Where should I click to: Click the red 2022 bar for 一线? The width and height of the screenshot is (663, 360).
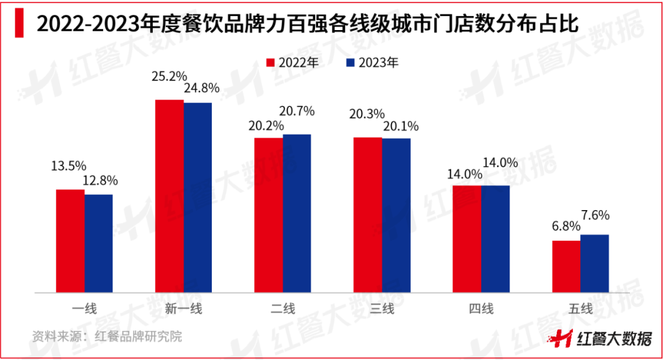pyautogui.click(x=70, y=241)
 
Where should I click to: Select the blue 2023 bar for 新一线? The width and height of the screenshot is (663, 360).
pyautogui.click(x=198, y=197)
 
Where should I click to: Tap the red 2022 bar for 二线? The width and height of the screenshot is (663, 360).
pyautogui.click(x=268, y=215)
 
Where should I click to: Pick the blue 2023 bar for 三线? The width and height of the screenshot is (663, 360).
pyautogui.click(x=396, y=215)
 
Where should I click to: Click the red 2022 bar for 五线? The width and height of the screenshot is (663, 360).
pyautogui.click(x=566, y=266)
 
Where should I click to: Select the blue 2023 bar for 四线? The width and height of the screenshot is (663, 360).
pyautogui.click(x=495, y=238)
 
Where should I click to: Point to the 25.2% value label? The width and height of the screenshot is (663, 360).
pyautogui.click(x=169, y=77)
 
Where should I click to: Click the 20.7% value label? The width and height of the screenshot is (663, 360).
pyautogui.click(x=297, y=111)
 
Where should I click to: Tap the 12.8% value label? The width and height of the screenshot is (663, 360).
pyautogui.click(x=99, y=181)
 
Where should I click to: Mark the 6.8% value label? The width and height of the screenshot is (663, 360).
pyautogui.click(x=565, y=226)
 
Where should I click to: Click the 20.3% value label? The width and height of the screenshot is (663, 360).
pyautogui.click(x=367, y=114)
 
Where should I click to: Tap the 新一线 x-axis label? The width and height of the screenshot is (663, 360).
pyautogui.click(x=183, y=309)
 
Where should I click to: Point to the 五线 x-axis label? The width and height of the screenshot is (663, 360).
pyautogui.click(x=580, y=309)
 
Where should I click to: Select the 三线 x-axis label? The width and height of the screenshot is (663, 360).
pyautogui.click(x=382, y=309)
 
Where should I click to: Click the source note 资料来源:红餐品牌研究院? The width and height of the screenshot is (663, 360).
pyautogui.click(x=107, y=337)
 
